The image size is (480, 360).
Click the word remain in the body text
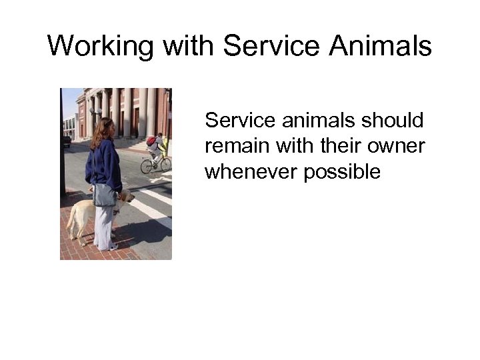pos(233,146)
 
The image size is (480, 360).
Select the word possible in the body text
pos(342,171)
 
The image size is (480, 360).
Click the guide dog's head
pos(126,197)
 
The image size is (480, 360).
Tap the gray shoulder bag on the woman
pos(105,195)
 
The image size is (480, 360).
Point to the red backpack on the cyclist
pos(151,141)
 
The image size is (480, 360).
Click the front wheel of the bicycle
pos(165,163)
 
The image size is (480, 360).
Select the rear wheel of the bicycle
pos(146,166)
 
